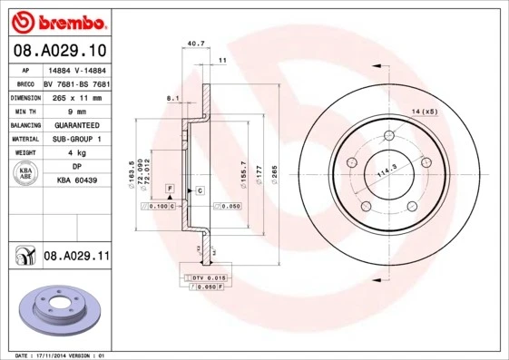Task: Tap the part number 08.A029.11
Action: (75, 258)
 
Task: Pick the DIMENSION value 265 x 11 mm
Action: (75, 96)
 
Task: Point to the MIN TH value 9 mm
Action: (75, 110)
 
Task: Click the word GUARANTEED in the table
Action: (75, 124)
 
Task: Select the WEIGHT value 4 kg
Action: (75, 152)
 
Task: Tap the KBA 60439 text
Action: (75, 181)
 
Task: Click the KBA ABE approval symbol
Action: (25, 173)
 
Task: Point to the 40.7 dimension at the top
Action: (193, 43)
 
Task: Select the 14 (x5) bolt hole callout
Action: (425, 111)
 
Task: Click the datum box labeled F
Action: (169, 188)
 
